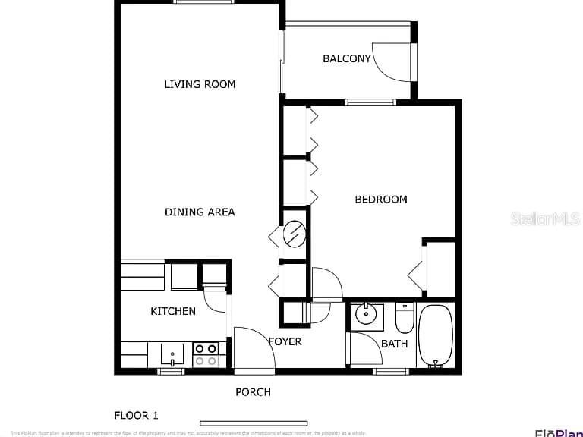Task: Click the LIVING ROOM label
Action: [x=200, y=84]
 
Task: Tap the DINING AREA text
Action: [x=200, y=212]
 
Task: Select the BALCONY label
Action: [x=346, y=58]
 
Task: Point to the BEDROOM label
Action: [x=381, y=200]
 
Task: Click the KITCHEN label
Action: [x=173, y=311]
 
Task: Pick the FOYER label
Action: [x=285, y=341]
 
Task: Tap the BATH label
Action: [x=394, y=344]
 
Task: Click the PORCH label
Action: [x=253, y=392]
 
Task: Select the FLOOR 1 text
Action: [x=137, y=415]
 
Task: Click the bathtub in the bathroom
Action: [x=435, y=335]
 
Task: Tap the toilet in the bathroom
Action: [x=404, y=319]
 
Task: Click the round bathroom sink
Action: [x=367, y=313]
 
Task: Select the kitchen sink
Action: [x=172, y=354]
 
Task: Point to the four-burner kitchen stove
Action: [x=206, y=354]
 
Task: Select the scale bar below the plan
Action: [x=254, y=423]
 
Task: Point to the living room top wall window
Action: [x=199, y=2]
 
